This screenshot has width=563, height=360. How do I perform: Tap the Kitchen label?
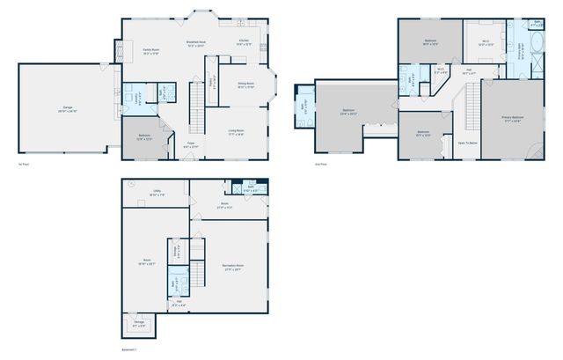pos(244,42)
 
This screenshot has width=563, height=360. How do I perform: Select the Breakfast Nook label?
pos(197,42)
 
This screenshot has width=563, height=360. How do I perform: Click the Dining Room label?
pos(246,85)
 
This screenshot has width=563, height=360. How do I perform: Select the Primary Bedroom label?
pos(513,121)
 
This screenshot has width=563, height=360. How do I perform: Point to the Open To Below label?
pos(466,143)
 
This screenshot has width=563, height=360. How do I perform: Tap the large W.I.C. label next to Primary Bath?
pos(486,42)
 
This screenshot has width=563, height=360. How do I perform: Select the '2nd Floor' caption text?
pos(321,164)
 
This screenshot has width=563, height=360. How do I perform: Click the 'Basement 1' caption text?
pos(129,349)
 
